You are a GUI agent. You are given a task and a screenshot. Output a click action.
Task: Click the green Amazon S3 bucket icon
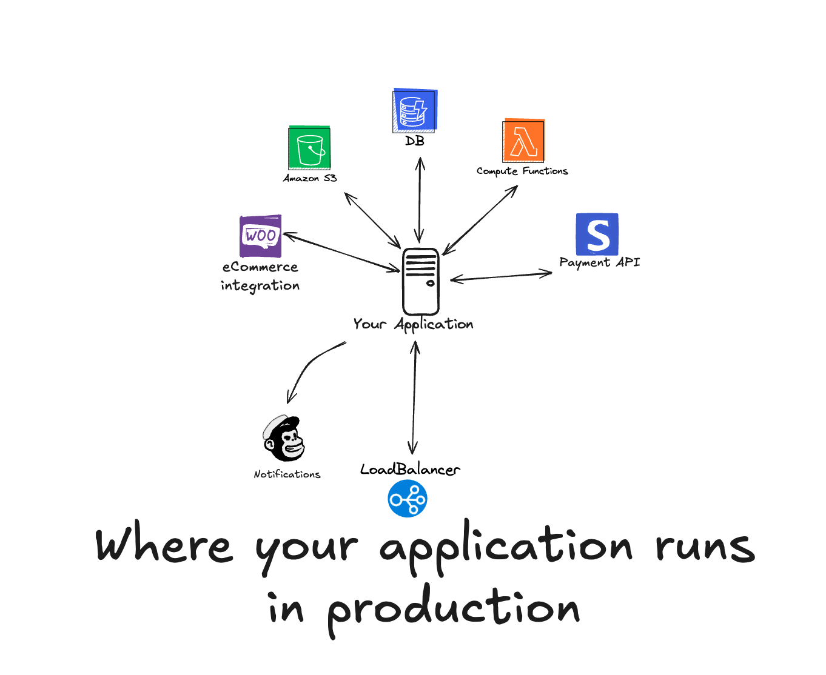(x=309, y=148)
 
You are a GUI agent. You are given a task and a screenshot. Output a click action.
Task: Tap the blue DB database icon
(x=415, y=111)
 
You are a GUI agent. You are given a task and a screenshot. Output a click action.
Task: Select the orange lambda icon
(x=524, y=141)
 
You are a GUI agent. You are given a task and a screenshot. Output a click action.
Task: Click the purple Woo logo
(x=261, y=235)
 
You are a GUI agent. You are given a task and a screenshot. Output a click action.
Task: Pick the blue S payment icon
(x=597, y=234)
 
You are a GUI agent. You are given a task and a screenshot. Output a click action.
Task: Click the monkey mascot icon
(x=284, y=439)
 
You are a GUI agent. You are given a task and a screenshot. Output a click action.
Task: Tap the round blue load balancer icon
(x=408, y=499)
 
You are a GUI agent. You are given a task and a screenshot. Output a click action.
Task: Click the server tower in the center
(x=420, y=281)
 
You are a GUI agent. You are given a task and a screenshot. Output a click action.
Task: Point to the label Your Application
(x=413, y=325)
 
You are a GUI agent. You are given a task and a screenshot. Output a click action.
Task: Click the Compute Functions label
(x=522, y=171)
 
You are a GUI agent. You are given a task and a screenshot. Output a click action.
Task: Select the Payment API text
(x=599, y=262)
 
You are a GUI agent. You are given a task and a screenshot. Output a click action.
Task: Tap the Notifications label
(x=287, y=474)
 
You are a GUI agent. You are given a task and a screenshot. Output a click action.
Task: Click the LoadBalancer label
(x=410, y=470)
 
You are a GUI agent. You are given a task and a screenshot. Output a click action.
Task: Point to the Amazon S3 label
(x=310, y=178)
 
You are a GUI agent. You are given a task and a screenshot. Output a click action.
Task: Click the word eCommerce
(x=260, y=267)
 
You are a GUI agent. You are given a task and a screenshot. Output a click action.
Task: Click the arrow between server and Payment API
(x=501, y=276)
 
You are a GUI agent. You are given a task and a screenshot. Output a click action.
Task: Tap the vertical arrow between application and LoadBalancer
(x=414, y=397)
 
